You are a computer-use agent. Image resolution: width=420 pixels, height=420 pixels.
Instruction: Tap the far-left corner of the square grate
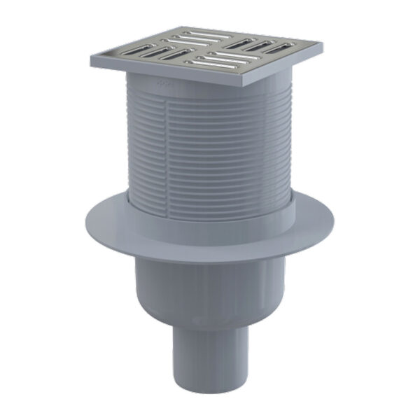coord(91,64)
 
